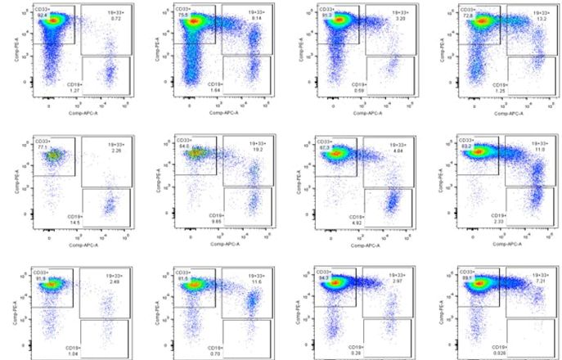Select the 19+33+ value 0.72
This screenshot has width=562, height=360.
pos(115,17)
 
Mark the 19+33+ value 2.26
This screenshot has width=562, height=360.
pos(115,151)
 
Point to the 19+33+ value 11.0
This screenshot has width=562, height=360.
pos(540,151)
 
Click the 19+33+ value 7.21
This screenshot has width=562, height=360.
pos(540,281)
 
